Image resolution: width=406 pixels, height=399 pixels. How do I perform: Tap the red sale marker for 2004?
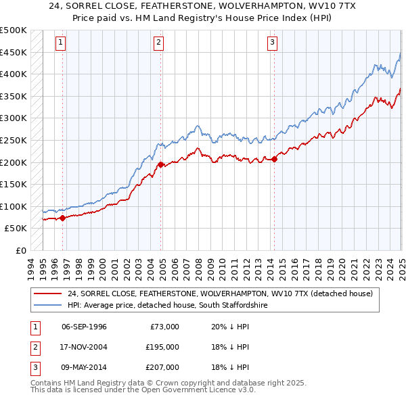pos(160,164)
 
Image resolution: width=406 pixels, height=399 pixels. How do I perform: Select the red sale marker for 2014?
pos(274,159)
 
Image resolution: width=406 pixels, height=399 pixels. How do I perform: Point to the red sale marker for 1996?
pos(62,218)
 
